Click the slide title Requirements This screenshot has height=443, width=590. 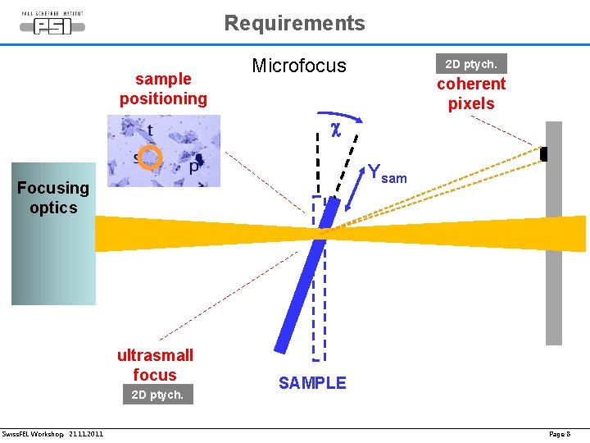pos(294,23)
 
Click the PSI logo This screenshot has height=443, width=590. pos(52,25)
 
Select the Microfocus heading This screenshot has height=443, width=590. pos(299,66)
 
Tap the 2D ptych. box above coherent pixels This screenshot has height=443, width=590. pos(470,63)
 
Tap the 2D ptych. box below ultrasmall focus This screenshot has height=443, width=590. pos(158,395)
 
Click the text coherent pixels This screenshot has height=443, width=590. pos(471,94)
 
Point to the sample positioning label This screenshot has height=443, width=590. pos(163,89)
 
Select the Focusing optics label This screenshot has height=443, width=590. pos(53,198)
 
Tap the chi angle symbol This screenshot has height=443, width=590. pos(335,130)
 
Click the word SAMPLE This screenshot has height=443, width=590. pos(312,383)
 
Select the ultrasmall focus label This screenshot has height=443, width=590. pos(155,365)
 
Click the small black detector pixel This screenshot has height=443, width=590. pos(543,154)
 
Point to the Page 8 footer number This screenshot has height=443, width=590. pos(560,433)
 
